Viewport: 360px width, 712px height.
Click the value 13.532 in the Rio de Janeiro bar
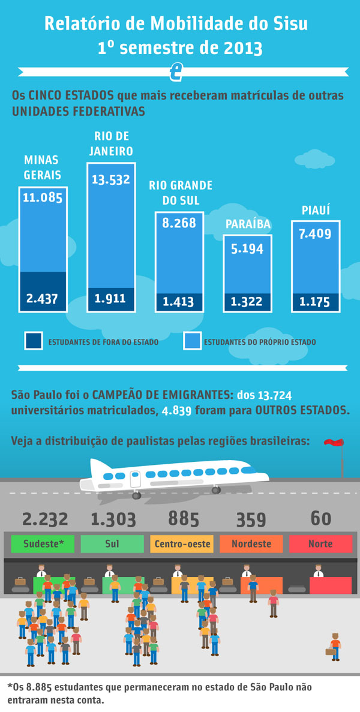[x=110, y=179]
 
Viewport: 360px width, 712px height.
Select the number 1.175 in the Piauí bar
[x=316, y=302]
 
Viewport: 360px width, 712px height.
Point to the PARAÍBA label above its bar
[x=248, y=224]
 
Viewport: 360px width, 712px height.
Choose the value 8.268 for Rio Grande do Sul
[x=179, y=223]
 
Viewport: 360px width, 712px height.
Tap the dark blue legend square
[x=33, y=341]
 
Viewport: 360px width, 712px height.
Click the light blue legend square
[x=191, y=341]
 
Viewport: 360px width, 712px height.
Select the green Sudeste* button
[x=42, y=544]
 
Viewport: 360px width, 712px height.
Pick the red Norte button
[x=320, y=544]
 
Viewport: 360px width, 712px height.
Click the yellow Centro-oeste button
[x=182, y=544]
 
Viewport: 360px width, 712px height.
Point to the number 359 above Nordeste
[x=251, y=519]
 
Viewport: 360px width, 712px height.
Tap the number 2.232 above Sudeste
[x=45, y=519]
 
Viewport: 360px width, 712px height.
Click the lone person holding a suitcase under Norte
[x=334, y=646]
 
